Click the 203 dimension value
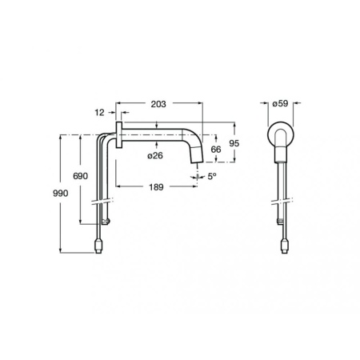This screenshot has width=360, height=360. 158,104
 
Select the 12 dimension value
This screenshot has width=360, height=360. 99,113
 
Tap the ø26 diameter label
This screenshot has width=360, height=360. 155,155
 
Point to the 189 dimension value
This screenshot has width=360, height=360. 156,187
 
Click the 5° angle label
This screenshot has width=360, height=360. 212,176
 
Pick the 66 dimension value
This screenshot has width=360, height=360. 216,150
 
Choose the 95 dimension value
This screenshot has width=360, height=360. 234,143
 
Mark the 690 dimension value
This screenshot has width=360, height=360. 80,176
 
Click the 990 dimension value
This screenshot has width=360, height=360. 61,194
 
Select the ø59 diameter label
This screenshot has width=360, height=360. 280,103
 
